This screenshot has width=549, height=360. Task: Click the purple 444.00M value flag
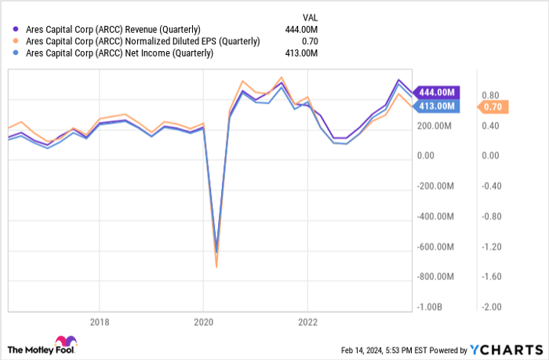[435, 92]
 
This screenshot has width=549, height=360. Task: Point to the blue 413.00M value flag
[435, 106]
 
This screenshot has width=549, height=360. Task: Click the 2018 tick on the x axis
[99, 322]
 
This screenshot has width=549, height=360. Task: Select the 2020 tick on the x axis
[203, 322]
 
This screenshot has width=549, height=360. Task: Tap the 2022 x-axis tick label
[307, 322]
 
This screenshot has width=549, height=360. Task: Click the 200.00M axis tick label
[435, 125]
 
